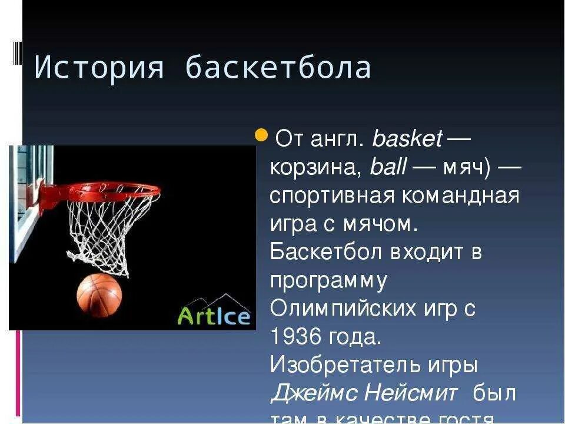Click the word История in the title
98,68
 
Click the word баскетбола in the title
278,68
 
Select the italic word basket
407,140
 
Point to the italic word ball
388,168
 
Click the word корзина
314,168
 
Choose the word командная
461,196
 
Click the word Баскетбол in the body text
325,252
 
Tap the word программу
328,281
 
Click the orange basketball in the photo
99,294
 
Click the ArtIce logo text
214,316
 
